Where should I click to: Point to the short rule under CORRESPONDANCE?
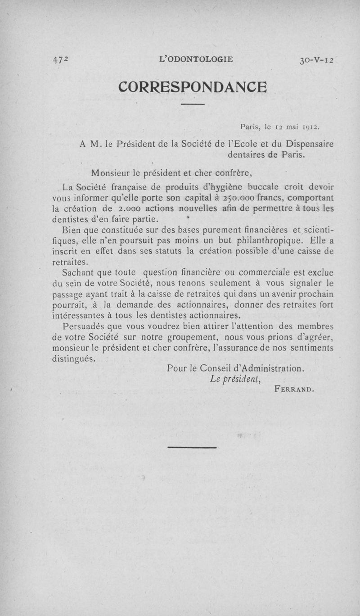coord(193,105)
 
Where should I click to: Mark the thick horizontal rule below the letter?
coord(192,447)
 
